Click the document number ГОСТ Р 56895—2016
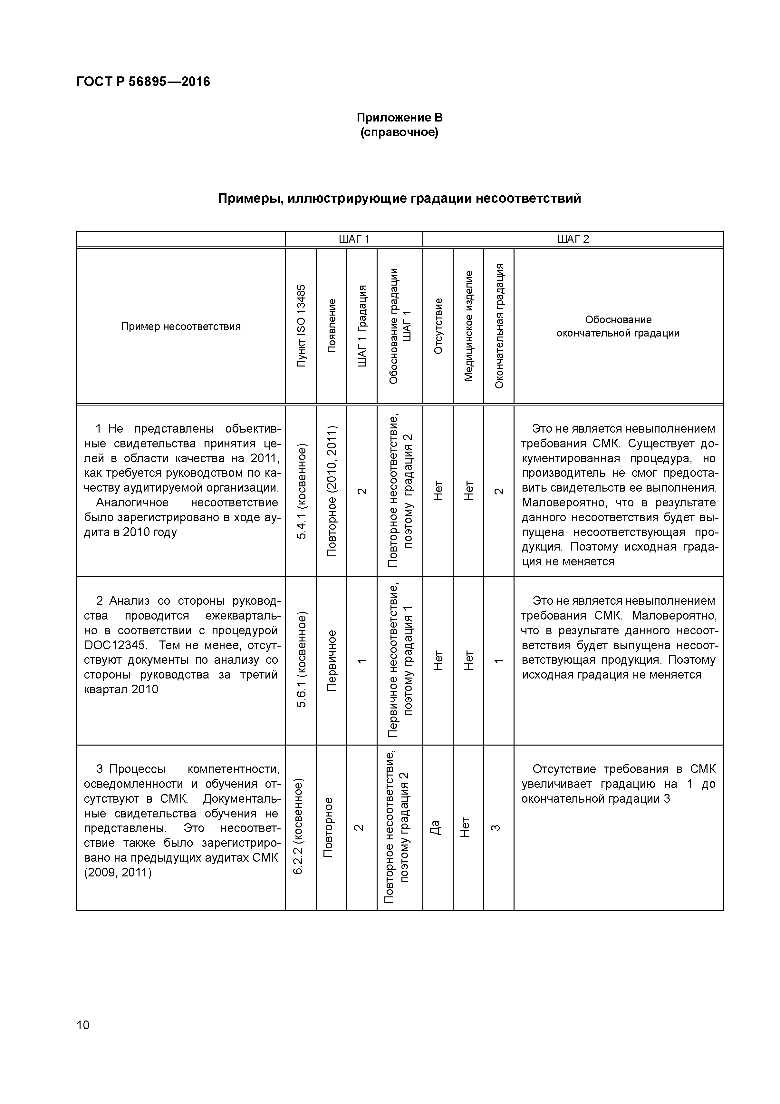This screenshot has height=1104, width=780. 143,82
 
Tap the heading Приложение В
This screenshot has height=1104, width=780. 400,118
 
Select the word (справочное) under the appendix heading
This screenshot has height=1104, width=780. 400,132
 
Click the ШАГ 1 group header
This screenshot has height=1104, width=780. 354,239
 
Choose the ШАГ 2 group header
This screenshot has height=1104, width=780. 573,239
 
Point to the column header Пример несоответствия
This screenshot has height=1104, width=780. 181,327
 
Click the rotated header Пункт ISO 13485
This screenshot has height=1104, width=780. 301,326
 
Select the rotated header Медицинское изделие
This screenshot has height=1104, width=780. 468,326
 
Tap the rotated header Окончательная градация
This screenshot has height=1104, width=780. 499,326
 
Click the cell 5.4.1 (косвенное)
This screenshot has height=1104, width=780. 301,492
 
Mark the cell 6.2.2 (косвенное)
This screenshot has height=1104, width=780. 298,827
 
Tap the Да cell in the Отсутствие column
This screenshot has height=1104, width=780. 435,827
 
